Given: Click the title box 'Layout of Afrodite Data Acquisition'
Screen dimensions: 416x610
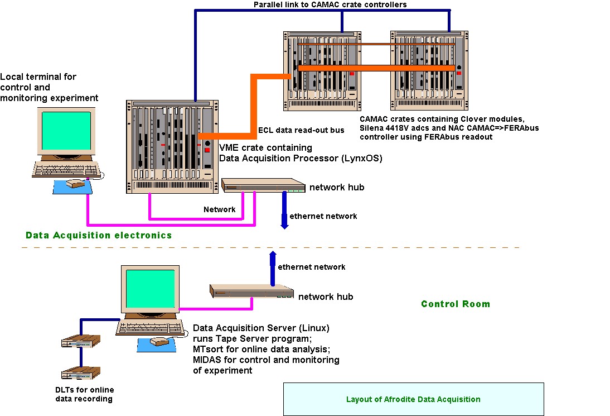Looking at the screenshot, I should (x=413, y=399).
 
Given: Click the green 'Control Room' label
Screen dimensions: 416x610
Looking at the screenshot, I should (x=455, y=304).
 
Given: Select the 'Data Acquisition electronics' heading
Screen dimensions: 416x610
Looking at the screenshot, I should (x=99, y=236).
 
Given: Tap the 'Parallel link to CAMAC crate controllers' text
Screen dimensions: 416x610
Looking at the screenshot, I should (x=330, y=4).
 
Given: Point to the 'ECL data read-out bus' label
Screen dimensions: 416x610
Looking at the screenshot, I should (x=301, y=131).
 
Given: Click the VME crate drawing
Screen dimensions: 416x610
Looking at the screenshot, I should (x=171, y=147).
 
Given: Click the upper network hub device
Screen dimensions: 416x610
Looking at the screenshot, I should (x=263, y=186).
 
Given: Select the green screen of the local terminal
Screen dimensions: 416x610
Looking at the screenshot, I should (x=66, y=131).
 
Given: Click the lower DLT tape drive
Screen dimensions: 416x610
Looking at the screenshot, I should (x=81, y=373).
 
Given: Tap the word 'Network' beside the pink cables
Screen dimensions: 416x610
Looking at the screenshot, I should (x=219, y=209).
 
